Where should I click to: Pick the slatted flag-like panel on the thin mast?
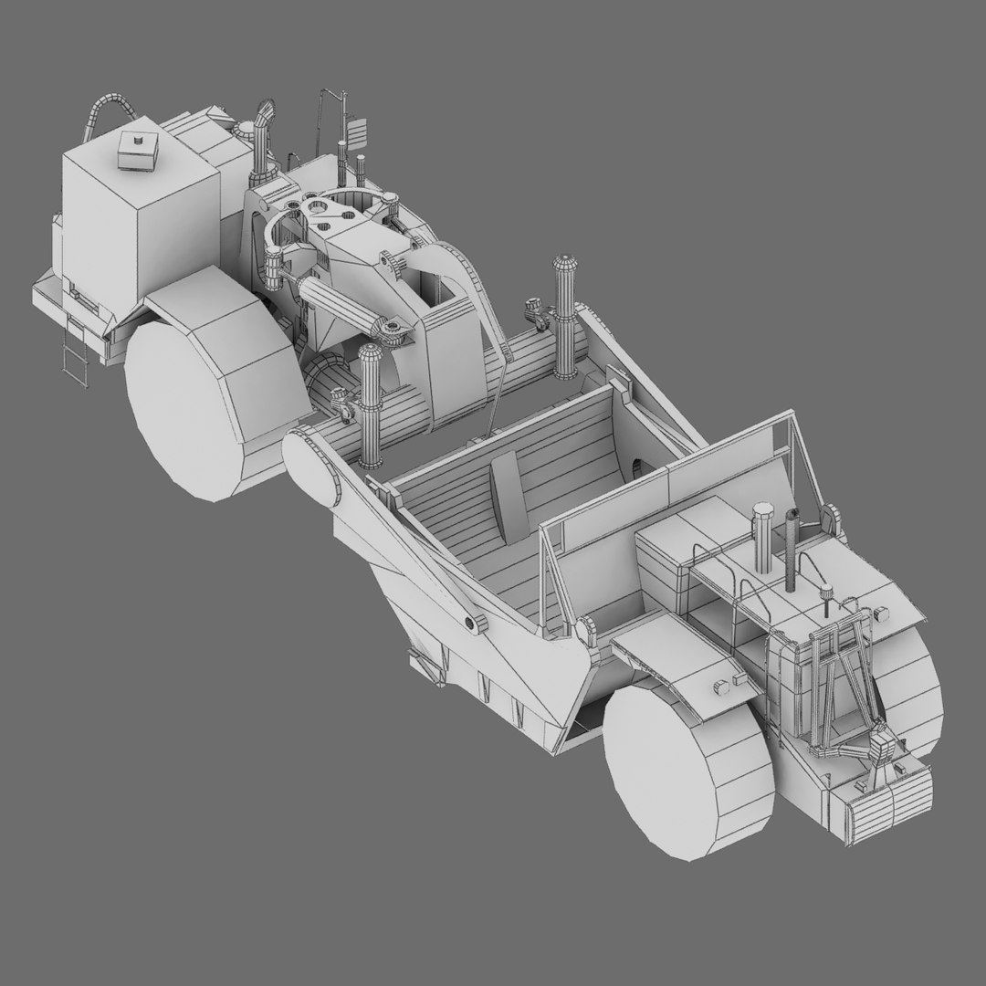pyautogui.click(x=358, y=133)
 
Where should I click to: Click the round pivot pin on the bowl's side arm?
pyautogui.click(x=473, y=623)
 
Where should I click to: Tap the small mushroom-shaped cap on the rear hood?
pyautogui.click(x=827, y=592)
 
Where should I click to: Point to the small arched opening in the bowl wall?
pyautogui.click(x=637, y=467)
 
